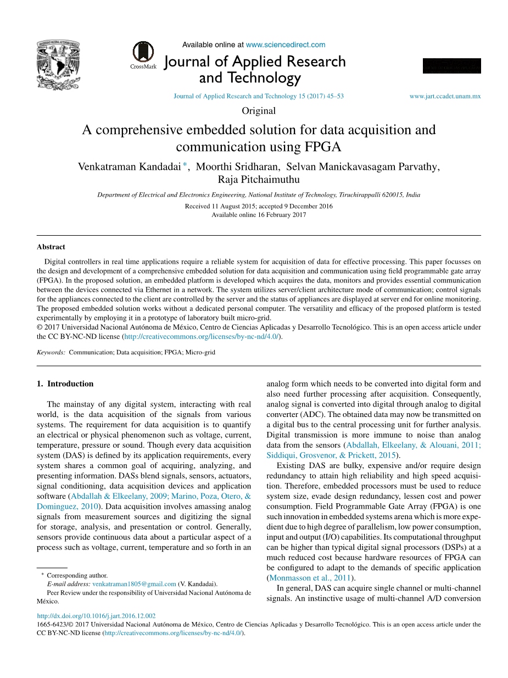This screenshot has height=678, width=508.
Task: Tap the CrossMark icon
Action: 143,53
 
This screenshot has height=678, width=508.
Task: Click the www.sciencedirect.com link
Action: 286,45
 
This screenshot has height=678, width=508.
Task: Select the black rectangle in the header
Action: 451,66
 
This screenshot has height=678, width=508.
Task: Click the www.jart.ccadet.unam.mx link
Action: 445,96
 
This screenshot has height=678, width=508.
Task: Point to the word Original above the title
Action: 259,111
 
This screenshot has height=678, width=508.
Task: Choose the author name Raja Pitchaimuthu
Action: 259,180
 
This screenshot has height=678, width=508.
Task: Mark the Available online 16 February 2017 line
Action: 259,215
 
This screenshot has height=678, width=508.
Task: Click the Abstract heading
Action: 51,247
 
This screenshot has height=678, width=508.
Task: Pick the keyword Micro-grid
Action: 200,352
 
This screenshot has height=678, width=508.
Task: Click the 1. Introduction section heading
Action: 65,384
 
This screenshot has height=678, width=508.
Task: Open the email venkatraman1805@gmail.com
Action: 134,584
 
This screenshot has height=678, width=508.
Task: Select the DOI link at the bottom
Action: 96,616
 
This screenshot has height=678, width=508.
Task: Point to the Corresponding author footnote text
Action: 77,575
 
